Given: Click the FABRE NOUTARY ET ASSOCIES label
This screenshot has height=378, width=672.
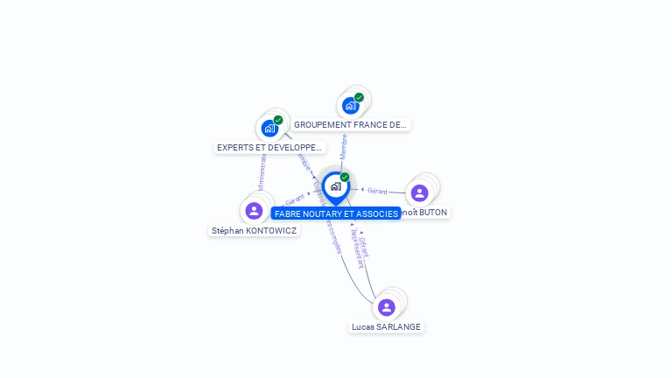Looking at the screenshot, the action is (x=336, y=213).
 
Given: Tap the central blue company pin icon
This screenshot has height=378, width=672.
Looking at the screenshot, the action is (x=335, y=186).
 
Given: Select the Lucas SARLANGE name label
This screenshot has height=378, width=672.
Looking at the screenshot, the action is (x=386, y=326).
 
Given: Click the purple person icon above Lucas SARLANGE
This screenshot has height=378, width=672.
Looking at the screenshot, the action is (x=387, y=307).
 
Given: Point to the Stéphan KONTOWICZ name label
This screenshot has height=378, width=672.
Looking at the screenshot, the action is (x=254, y=231).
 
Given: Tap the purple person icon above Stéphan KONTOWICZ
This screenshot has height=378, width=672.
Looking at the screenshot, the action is (x=254, y=210).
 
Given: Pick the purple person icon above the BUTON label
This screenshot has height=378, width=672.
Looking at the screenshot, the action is (x=419, y=192).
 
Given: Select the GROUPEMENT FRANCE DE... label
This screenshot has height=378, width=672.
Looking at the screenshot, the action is (x=350, y=125).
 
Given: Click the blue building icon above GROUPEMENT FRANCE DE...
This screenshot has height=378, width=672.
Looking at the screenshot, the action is (x=350, y=106).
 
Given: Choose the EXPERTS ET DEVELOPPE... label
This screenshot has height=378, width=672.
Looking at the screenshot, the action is (x=269, y=148).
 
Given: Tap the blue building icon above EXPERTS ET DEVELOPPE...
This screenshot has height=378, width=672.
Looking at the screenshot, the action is (x=269, y=129).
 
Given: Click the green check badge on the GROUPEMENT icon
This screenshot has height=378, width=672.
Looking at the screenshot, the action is (x=359, y=98).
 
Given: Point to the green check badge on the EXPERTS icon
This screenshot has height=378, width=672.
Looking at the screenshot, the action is (x=278, y=120).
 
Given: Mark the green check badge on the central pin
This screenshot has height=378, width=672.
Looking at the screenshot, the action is (x=345, y=178).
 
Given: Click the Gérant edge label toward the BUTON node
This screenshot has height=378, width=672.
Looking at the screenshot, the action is (x=377, y=191).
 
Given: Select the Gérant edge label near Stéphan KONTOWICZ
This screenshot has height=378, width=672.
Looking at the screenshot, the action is (x=294, y=200).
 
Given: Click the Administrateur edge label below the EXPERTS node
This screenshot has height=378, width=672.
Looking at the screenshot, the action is (x=262, y=171).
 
